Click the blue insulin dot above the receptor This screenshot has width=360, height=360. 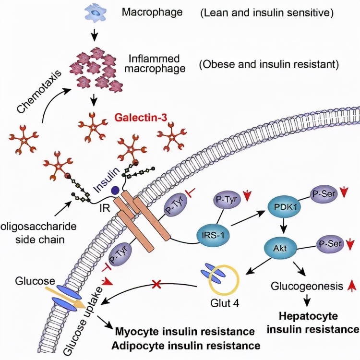click(x=115, y=191)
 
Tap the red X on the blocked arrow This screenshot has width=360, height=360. click(x=156, y=285)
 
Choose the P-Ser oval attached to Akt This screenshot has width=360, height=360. click(x=330, y=244)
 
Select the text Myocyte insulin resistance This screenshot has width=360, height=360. click(x=185, y=332)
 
